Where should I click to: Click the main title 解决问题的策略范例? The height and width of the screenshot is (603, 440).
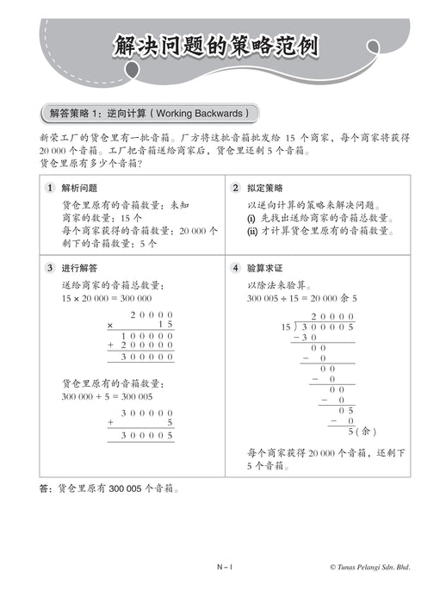pyautogui.click(x=216, y=47)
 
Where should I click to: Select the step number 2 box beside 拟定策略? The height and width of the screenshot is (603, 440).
pyautogui.click(x=235, y=188)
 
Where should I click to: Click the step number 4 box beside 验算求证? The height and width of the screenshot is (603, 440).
pyautogui.click(x=235, y=268)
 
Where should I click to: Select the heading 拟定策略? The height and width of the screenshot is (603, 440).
pyautogui.click(x=264, y=188)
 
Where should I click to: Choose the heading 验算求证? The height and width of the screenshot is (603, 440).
pyautogui.click(x=264, y=268)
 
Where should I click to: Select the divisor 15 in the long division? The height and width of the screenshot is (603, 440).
pyautogui.click(x=286, y=327)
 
